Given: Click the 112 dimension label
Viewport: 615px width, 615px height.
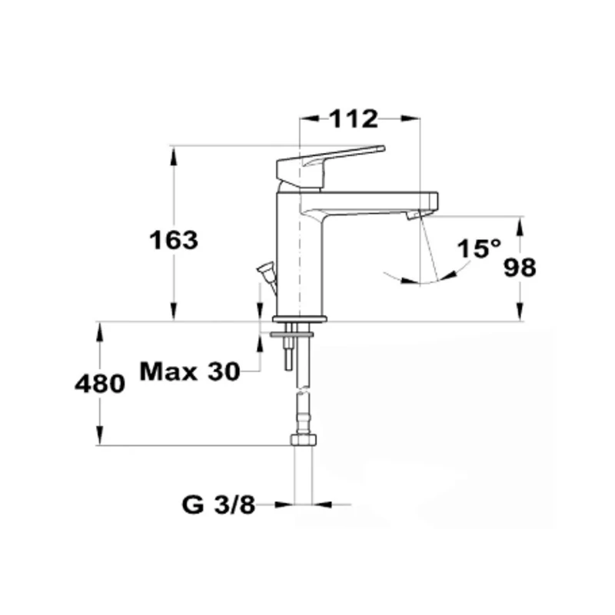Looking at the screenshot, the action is pyautogui.click(x=354, y=119).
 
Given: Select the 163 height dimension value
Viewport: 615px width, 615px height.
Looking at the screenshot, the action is pyautogui.click(x=174, y=240).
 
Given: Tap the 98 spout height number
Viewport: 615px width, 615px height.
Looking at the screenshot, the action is pyautogui.click(x=520, y=268).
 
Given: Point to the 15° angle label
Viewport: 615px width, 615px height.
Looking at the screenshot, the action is pyautogui.click(x=479, y=248).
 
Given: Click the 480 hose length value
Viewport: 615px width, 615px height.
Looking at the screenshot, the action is pyautogui.click(x=100, y=384).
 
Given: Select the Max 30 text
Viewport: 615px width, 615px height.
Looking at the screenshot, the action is pyautogui.click(x=190, y=371).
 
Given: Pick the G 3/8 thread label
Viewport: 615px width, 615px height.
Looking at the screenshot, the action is pyautogui.click(x=218, y=504).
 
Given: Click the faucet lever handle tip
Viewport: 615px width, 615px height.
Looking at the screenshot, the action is pyautogui.click(x=382, y=148).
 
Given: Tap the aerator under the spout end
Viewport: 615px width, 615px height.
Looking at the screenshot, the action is pyautogui.click(x=414, y=214).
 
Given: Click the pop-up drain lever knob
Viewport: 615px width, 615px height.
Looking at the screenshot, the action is pyautogui.click(x=264, y=269).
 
